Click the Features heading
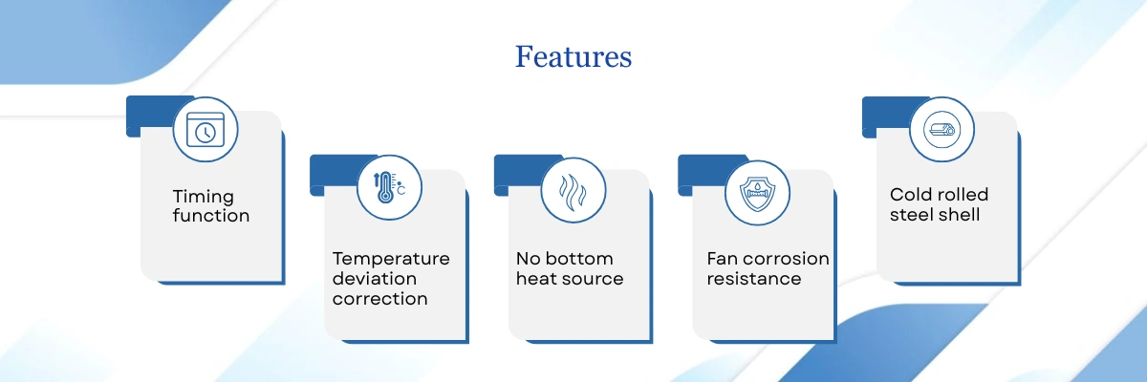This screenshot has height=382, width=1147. tap(573, 56)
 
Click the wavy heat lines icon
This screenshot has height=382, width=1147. tap(573, 189)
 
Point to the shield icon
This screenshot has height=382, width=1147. tap(756, 188)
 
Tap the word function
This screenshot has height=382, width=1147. tap(211, 216)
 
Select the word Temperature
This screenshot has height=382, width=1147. tap(391, 259)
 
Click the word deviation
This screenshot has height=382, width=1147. tap(375, 279)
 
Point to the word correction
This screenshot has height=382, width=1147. tap(379, 299)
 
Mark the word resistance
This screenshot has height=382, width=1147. tap(754, 279)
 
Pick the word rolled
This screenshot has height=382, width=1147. tap(963, 195)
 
